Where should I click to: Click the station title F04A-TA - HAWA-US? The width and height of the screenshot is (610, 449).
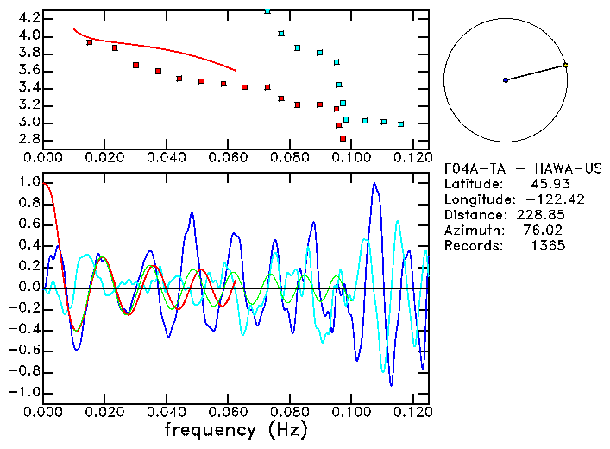[x=522, y=168]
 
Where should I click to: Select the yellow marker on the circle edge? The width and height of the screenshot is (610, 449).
[x=565, y=65]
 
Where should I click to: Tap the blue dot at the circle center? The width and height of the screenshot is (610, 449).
[x=506, y=80]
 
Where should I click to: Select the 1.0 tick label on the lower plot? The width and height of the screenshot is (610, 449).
[x=28, y=183]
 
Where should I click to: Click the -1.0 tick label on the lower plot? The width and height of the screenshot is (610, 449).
[x=26, y=392]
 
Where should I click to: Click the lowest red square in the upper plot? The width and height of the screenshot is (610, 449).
[x=343, y=138]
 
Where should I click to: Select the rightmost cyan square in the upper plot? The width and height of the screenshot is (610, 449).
[x=401, y=124]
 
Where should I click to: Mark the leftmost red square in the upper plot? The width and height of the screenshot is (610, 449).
[x=90, y=41]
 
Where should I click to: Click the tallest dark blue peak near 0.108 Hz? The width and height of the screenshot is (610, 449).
[x=374, y=184]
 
